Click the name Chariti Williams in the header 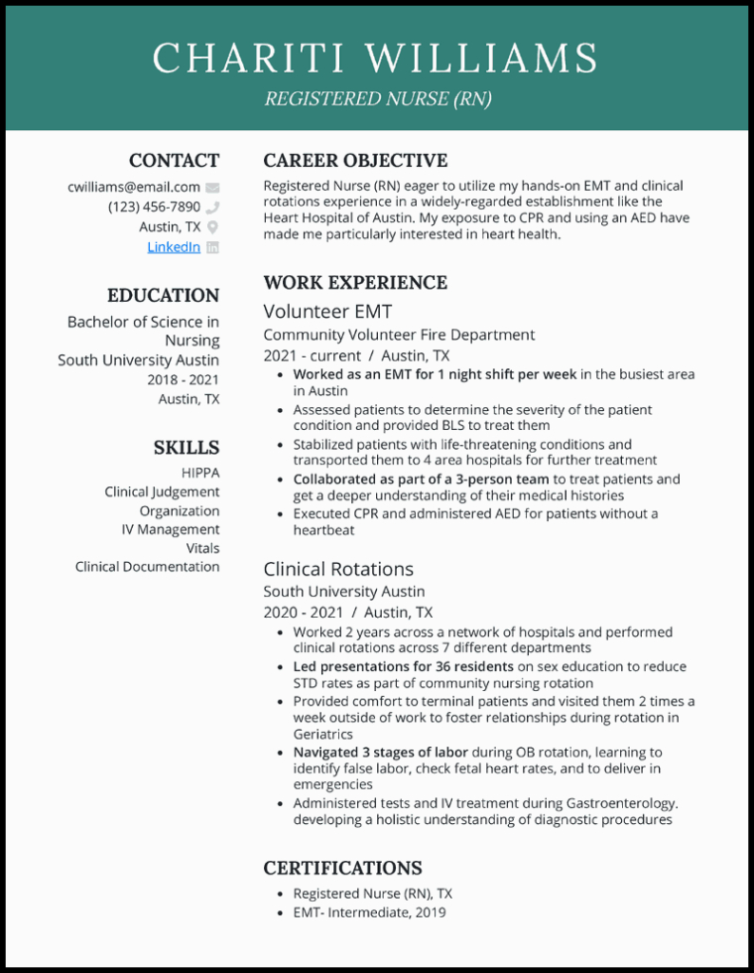(376, 59)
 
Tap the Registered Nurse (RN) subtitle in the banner (376, 99)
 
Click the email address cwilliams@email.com (134, 187)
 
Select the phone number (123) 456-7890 (154, 207)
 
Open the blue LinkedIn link (174, 246)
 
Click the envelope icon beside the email (212, 187)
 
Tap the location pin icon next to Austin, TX (212, 227)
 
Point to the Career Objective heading (355, 160)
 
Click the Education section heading (163, 295)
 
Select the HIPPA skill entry (200, 473)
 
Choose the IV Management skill (171, 529)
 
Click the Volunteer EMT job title (328, 311)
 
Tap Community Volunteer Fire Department (399, 335)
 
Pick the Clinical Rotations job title (338, 569)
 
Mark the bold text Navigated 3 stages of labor (380, 752)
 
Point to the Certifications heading (342, 868)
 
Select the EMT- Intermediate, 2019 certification (369, 912)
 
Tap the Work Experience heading (355, 282)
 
